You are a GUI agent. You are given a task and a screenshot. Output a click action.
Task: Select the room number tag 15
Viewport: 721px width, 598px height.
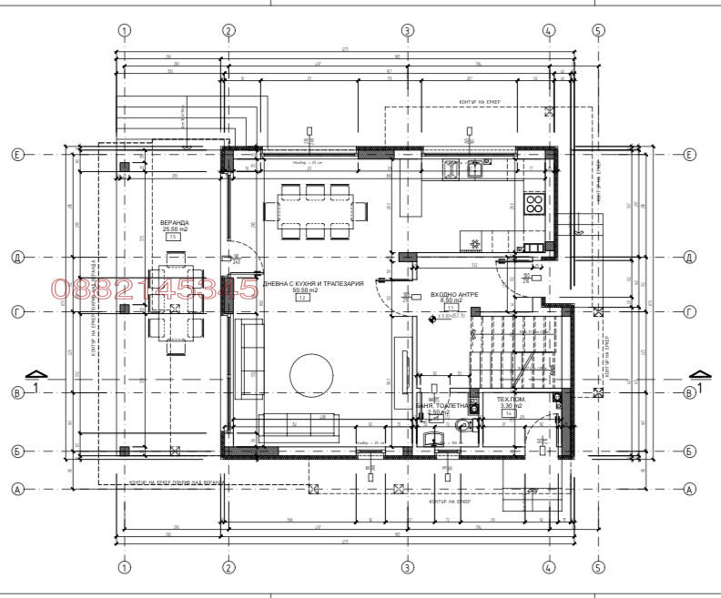(x=173, y=237)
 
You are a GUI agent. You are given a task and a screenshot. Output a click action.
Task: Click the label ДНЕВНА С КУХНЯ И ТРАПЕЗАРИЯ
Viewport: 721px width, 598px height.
(x=313, y=284)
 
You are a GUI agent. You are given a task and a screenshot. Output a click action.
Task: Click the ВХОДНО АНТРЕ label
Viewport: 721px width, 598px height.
(x=453, y=295)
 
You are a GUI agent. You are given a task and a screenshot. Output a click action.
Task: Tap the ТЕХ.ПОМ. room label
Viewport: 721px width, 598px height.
(x=510, y=399)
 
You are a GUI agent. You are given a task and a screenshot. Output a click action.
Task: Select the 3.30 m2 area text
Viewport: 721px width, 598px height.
(x=510, y=406)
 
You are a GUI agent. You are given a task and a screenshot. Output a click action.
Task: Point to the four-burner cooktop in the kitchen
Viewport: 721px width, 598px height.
(x=535, y=203)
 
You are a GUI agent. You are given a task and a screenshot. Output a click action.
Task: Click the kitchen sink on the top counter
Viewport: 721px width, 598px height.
(x=474, y=167)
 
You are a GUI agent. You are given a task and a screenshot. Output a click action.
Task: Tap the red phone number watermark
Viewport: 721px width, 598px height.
(x=155, y=289)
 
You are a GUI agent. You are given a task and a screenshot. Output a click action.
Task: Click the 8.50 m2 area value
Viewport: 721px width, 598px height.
(x=452, y=301)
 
